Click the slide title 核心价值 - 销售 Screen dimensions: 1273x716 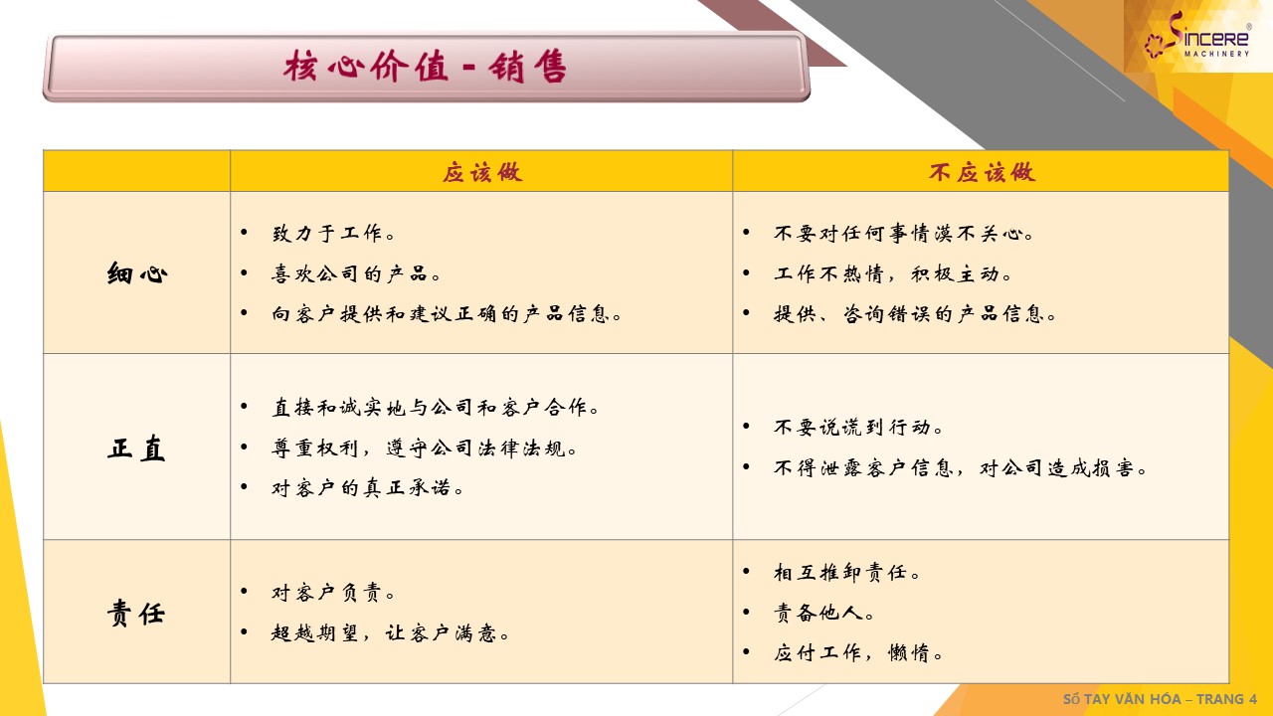(425, 67)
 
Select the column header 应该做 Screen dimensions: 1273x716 (482, 172)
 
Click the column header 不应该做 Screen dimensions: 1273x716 (982, 172)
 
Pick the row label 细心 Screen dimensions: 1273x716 (137, 273)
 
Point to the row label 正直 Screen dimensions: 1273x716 (136, 447)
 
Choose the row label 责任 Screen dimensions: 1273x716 (136, 613)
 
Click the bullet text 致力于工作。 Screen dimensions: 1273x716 (333, 233)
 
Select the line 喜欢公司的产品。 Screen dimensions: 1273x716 (356, 273)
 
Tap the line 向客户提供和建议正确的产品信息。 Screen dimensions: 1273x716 (447, 313)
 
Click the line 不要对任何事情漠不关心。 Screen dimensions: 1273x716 (904, 233)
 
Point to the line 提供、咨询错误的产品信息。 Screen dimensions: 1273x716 (914, 313)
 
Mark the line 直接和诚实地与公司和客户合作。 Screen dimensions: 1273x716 (436, 407)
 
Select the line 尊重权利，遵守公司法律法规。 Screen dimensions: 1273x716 (424, 447)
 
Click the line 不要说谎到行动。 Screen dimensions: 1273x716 (858, 427)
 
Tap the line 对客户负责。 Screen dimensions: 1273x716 (333, 593)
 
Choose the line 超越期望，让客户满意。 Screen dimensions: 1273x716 (390, 632)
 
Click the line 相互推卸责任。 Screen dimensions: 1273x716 (846, 572)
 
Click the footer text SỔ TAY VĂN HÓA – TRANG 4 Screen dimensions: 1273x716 (1160, 698)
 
